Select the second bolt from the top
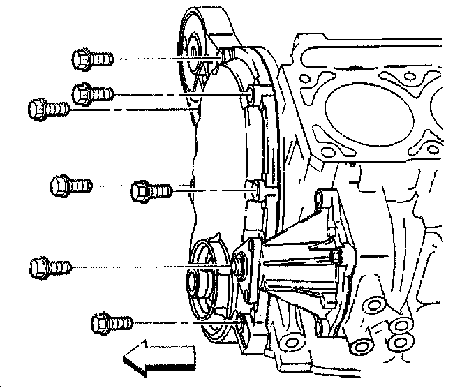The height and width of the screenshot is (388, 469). [x=92, y=91]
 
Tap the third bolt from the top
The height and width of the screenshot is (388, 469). [x=47, y=109]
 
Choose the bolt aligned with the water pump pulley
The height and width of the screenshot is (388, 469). [x=50, y=267]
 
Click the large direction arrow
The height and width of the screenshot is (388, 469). [x=159, y=357]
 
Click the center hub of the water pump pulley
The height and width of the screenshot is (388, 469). [x=196, y=284]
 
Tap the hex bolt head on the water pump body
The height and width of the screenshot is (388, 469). [x=337, y=258]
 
